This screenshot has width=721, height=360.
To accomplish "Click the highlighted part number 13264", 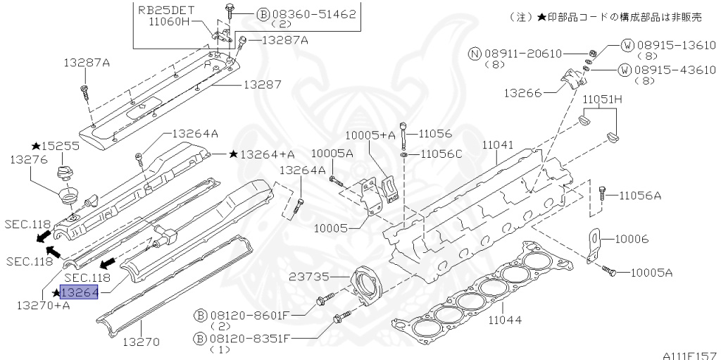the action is coord(79,292).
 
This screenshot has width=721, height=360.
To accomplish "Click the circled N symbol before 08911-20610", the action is coord(475,54).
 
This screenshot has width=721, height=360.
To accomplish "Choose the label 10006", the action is coord(632,239).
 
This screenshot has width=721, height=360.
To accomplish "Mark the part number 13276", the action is coord(30,160).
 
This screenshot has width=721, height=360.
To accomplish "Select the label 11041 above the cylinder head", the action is coord(498,145).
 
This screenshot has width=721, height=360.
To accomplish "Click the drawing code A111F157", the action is coord(692,355).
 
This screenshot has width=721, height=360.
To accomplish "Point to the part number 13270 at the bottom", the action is coord(141,342).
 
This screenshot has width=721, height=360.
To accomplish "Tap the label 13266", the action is coord(522,93).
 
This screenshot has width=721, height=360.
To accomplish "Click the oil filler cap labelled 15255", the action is coord(62,175).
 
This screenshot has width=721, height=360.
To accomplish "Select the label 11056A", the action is coord(640,196).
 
